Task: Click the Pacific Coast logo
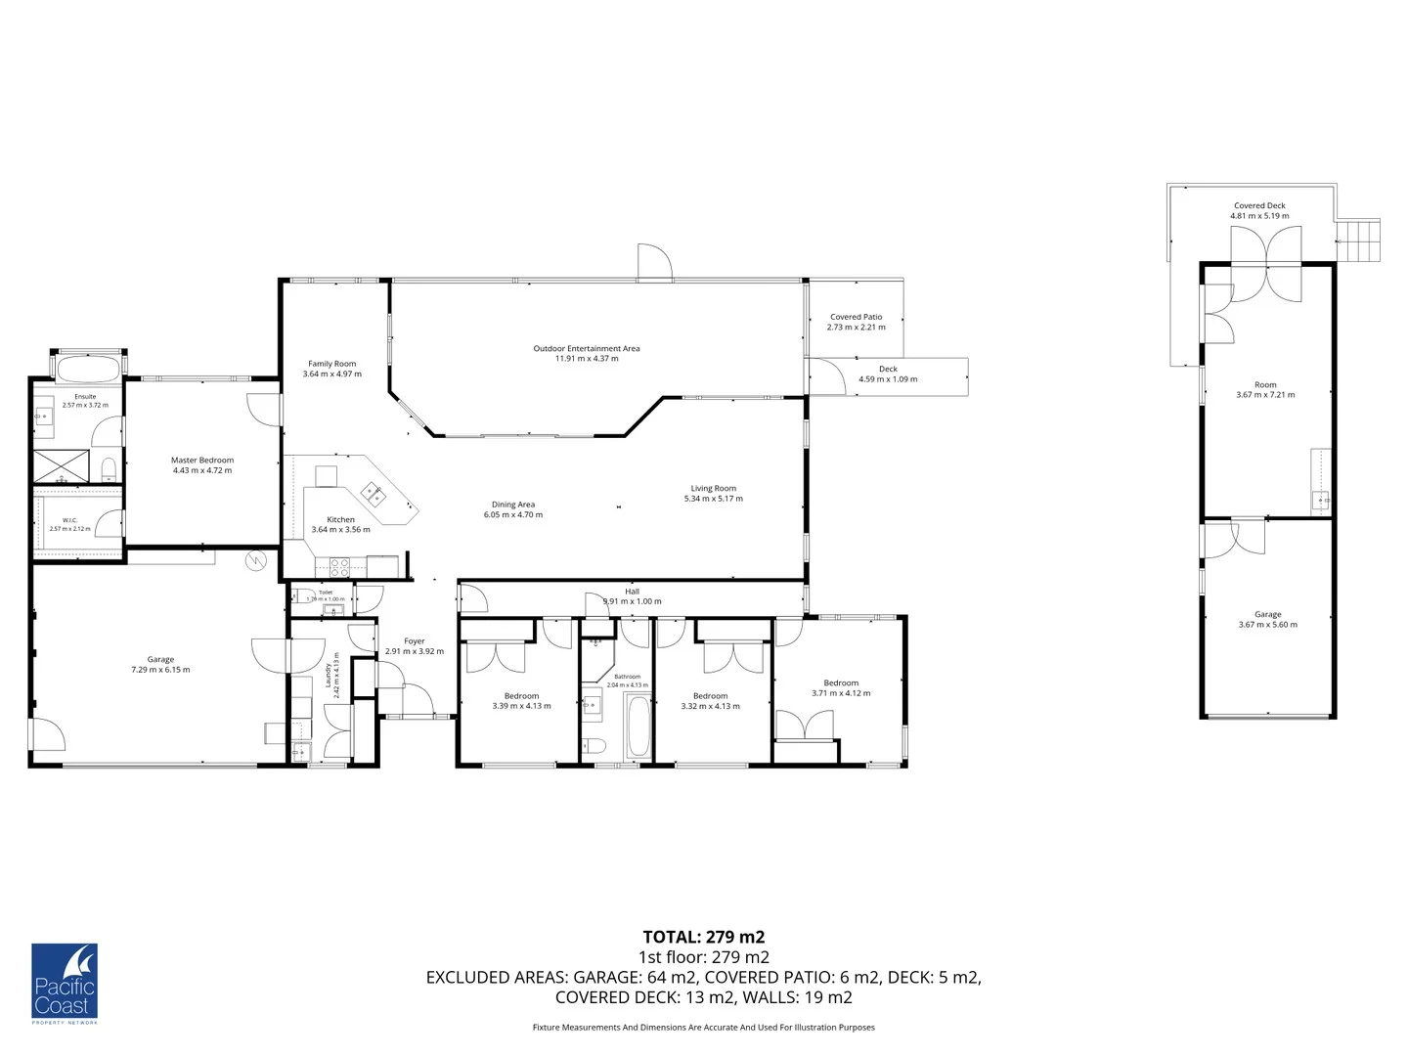65,983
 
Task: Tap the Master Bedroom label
202,460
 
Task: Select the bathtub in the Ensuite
88,369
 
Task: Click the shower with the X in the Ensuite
61,466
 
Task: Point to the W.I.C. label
69,520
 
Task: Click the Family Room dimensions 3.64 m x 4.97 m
331,374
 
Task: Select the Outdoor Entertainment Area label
587,348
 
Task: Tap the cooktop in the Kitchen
339,567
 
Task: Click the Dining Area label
512,505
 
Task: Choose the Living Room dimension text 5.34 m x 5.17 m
713,499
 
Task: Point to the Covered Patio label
856,317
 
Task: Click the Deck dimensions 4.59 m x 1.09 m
888,379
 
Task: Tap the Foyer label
415,641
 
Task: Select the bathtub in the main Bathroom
638,727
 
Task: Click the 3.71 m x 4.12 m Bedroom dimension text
841,693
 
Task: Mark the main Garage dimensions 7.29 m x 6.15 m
160,670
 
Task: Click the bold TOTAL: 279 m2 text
703,937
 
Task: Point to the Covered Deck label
1259,205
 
